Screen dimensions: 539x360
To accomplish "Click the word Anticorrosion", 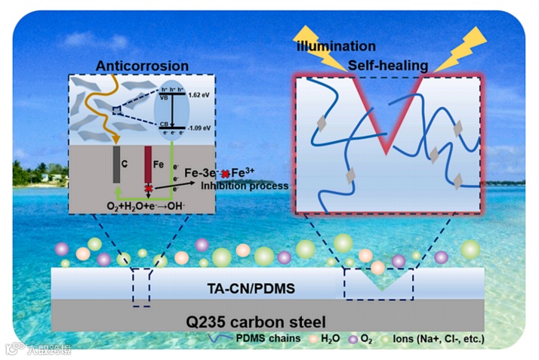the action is click(142, 67).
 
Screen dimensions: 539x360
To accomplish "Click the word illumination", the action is click(336, 47).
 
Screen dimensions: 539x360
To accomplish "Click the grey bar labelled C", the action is click(117, 163).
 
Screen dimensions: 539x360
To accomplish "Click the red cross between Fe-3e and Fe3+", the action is click(224, 173).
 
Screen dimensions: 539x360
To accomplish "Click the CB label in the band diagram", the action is click(164, 124).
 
